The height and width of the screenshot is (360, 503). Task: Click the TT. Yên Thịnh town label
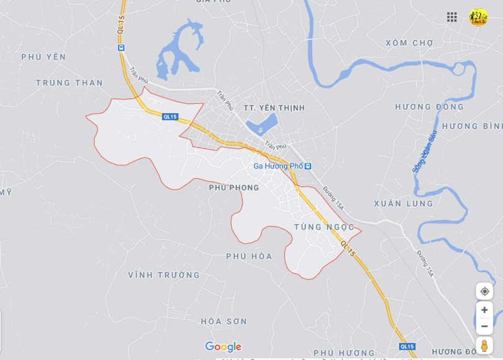274,108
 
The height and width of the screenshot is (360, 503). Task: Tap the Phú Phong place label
233,187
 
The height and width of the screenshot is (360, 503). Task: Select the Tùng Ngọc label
324,227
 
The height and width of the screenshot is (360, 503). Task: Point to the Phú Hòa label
249,256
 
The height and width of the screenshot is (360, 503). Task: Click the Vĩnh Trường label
164,275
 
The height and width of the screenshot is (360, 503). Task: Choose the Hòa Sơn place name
224,322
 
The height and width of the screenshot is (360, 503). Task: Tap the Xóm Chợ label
409,43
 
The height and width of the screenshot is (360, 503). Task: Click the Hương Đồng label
429,107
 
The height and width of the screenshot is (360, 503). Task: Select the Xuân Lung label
403,204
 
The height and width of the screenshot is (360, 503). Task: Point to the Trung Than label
70,83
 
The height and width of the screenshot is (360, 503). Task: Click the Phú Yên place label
43,57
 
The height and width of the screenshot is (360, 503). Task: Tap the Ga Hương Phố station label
278,166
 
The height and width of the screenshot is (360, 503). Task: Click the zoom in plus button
484,310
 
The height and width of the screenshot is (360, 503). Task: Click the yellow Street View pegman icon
484,346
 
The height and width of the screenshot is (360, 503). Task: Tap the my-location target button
484,291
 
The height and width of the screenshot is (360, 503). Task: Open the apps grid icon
452,17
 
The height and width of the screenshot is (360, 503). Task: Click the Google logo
223,347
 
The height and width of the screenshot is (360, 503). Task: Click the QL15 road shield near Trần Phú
170,117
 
